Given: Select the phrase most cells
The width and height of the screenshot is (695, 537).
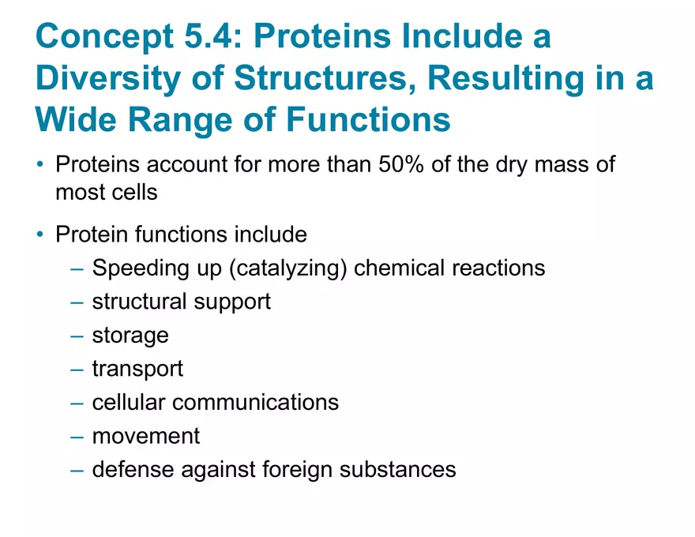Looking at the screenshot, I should tap(107, 191).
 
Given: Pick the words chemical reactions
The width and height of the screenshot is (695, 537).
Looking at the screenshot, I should tap(449, 268).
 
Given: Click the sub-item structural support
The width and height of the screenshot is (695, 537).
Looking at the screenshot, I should tap(182, 301).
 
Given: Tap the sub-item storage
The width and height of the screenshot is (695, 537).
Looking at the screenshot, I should tap(130, 335).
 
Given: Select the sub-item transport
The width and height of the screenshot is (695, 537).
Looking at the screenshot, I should tap(137, 368).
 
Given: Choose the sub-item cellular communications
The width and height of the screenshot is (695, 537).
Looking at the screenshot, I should tap(216, 402).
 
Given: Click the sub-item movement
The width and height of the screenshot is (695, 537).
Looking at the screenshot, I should tap(146, 435).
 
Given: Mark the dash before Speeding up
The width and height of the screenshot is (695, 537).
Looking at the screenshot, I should tap(76, 268).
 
